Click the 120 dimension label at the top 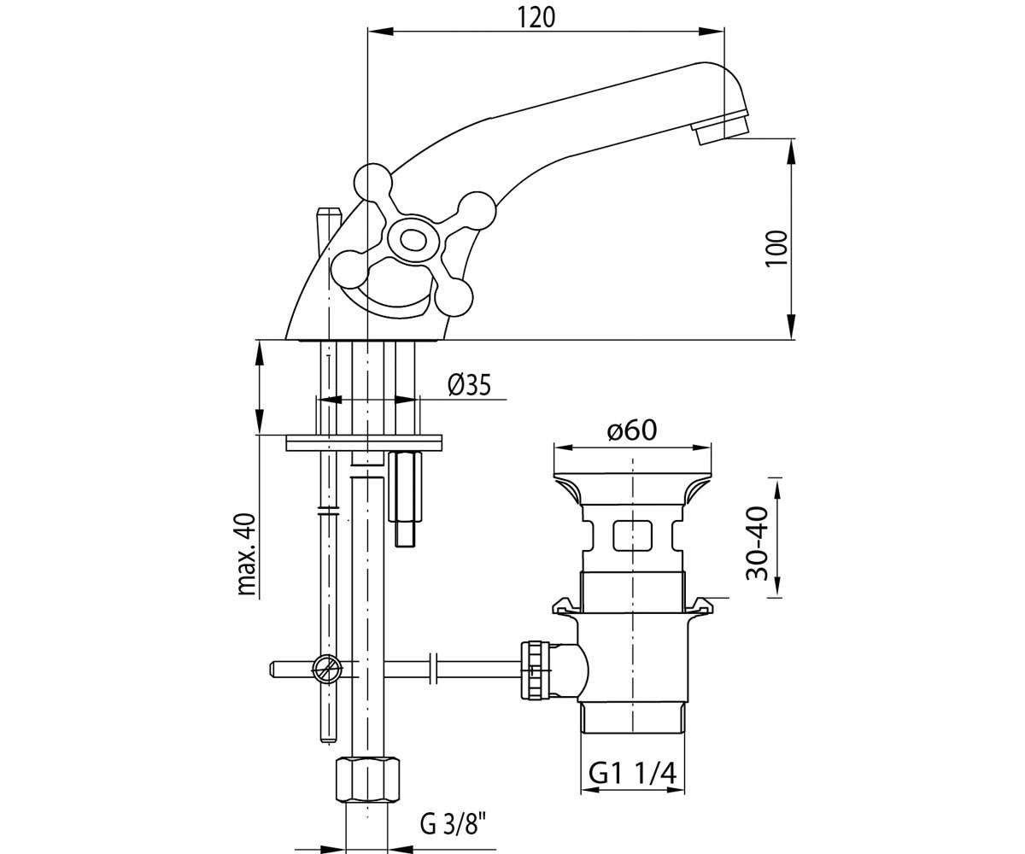(536, 18)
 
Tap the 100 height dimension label (776, 249)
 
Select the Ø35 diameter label (469, 385)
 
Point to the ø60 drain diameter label (632, 430)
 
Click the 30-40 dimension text (757, 543)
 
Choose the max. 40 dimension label (247, 554)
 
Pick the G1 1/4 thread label (633, 775)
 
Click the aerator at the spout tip (720, 127)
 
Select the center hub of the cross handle (413, 241)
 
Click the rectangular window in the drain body (633, 536)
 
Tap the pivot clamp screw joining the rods (327, 669)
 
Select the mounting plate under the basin (364, 442)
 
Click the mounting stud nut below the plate (405, 487)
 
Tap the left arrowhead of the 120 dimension (381, 32)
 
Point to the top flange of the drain (632, 488)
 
